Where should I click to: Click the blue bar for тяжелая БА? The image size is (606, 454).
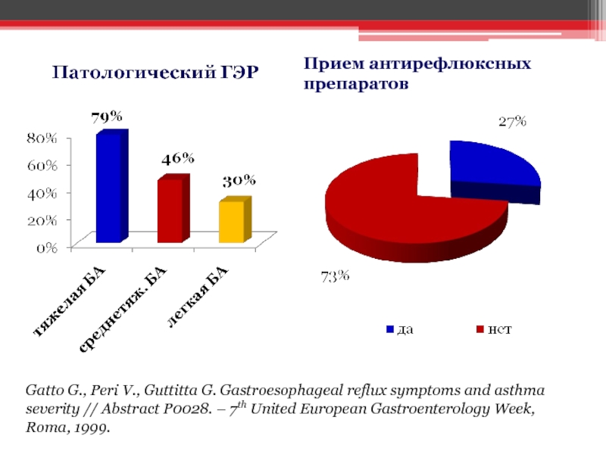(x=108, y=187)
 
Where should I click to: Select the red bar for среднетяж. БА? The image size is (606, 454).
(x=169, y=211)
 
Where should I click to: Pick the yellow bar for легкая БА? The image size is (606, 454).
(x=230, y=222)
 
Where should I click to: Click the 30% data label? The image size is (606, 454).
(x=238, y=182)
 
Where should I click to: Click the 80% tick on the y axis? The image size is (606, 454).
(x=42, y=138)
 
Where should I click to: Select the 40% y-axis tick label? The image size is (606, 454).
(x=42, y=192)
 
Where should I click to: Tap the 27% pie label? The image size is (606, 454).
(x=512, y=122)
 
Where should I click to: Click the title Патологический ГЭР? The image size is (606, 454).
(x=155, y=73)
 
